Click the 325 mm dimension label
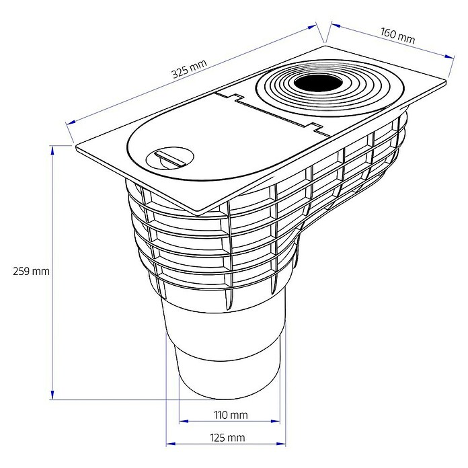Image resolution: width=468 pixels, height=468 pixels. (189, 69)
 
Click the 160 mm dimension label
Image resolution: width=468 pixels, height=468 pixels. (397, 36)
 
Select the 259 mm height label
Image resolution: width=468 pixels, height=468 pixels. (32, 271)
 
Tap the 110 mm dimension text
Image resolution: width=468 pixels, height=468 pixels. (231, 415)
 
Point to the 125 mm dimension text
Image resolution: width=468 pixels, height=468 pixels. (228, 438)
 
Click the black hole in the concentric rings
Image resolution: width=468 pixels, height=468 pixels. (319, 83)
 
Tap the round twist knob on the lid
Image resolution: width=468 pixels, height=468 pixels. (170, 158)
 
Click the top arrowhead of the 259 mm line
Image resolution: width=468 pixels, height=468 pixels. (52, 150)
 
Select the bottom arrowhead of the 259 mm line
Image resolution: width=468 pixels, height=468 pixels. (52, 395)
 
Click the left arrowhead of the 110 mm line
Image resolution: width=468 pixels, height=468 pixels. (184, 421)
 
